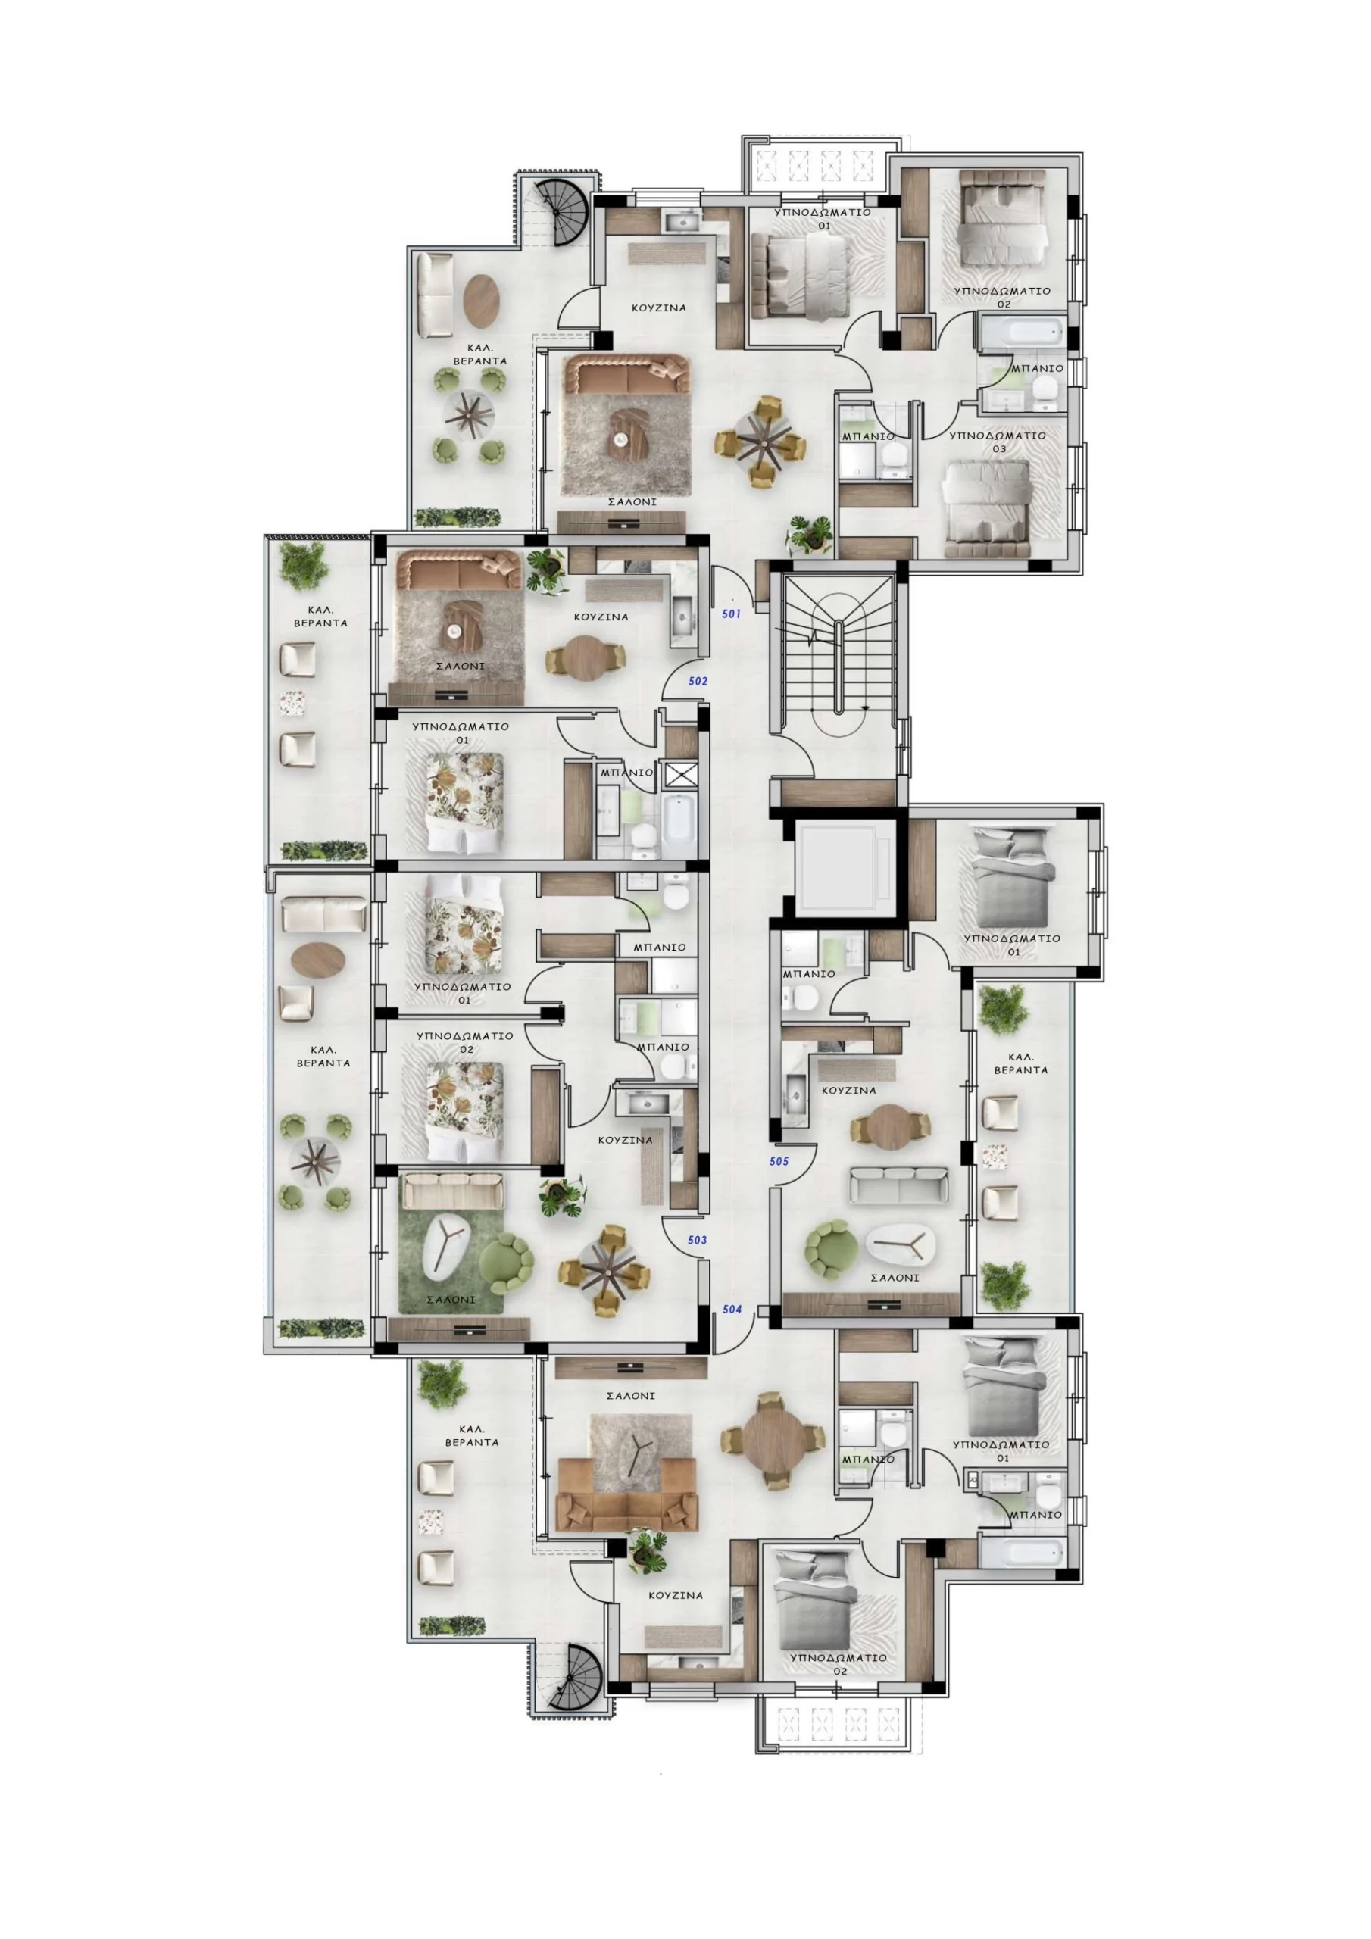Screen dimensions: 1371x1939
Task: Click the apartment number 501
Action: click(731, 614)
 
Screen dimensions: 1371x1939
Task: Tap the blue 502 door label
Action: click(697, 681)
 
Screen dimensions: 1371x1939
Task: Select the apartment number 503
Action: click(697, 1240)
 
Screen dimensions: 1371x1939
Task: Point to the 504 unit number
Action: click(732, 1309)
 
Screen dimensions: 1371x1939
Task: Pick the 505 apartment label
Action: click(779, 1161)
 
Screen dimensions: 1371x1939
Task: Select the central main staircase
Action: click(838, 655)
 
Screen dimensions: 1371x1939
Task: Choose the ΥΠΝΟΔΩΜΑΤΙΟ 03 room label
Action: click(998, 442)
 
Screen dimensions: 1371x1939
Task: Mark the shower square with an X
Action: click(677, 774)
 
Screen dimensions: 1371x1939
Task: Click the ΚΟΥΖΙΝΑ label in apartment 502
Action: click(601, 617)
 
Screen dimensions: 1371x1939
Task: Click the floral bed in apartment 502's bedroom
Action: click(464, 802)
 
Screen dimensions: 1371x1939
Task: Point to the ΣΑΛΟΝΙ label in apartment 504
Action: click(630, 1396)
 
